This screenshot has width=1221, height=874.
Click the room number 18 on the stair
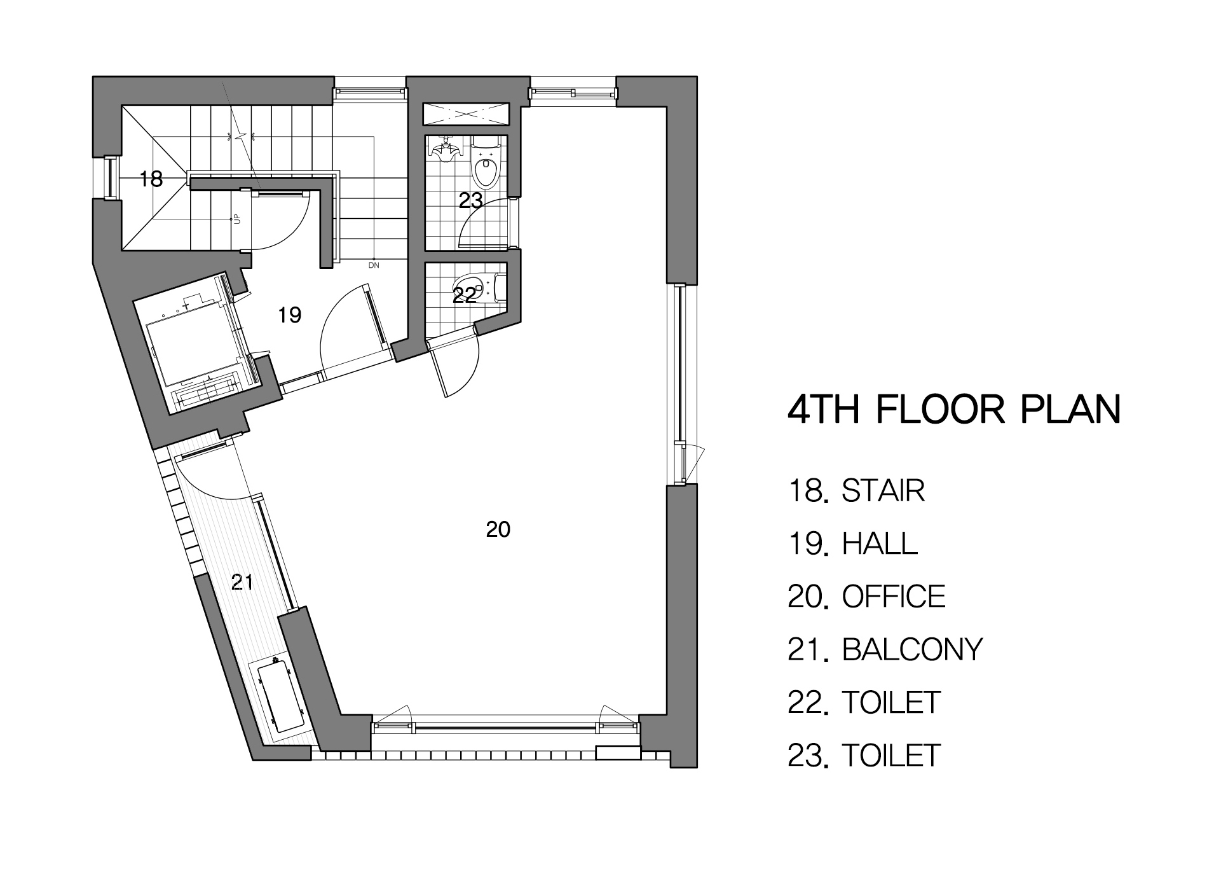(151, 179)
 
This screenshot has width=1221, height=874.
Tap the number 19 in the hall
(290, 314)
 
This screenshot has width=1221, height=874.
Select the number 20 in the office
(498, 529)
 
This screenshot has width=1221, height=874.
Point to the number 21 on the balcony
(242, 581)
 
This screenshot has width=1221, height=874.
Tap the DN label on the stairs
(374, 265)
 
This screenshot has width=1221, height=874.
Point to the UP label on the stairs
(237, 218)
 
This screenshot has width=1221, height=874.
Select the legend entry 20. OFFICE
(867, 596)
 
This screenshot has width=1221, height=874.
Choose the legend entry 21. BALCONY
(885, 649)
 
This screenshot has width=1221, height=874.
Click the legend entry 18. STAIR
(856, 490)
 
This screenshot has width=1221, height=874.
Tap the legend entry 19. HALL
(853, 543)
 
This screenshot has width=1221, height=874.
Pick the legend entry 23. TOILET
(864, 755)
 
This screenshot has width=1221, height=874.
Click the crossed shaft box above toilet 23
(467, 115)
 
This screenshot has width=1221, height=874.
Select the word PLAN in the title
(1070, 409)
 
